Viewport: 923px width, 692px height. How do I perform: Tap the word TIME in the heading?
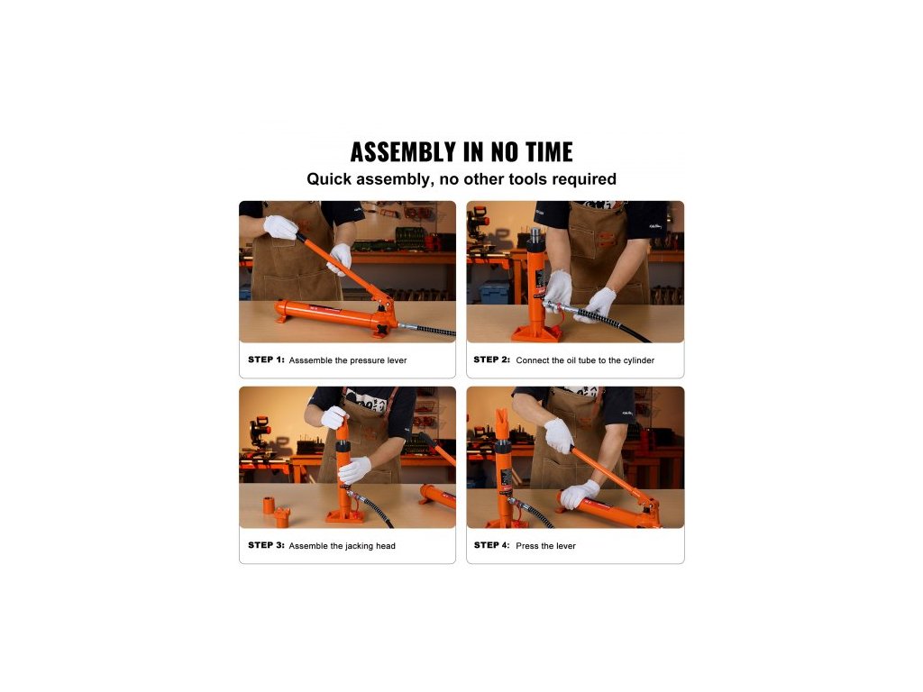click(549, 151)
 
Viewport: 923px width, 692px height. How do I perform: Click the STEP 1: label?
click(266, 360)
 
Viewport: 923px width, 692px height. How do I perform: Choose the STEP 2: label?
click(491, 360)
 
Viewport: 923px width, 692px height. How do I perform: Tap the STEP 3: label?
click(266, 545)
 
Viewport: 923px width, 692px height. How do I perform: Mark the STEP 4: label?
click(491, 545)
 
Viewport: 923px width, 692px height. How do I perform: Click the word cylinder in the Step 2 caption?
click(639, 360)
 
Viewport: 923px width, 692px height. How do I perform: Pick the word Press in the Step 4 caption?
click(526, 545)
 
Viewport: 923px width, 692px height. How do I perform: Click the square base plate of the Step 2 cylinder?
click(535, 334)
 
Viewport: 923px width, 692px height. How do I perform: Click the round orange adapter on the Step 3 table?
click(269, 505)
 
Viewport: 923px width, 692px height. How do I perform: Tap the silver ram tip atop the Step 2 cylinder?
click(535, 234)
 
